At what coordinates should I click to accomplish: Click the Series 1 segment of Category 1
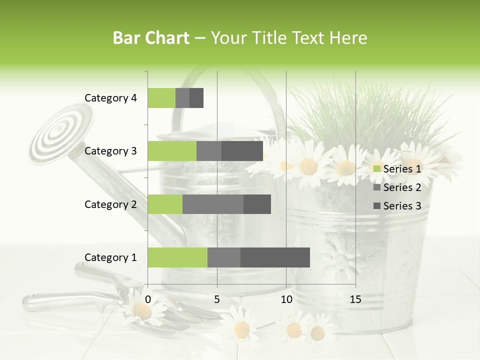point(177,257)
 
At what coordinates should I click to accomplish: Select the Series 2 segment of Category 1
point(224,257)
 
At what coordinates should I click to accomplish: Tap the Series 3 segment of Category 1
point(275,257)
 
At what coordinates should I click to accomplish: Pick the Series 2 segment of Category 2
point(213,204)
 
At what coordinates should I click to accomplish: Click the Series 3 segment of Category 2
point(257,204)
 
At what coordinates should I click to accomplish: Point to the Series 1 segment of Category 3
point(172,151)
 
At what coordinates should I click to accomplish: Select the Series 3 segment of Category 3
point(242,151)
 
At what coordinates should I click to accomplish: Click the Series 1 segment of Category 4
point(161,98)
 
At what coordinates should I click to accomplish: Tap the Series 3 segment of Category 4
point(196,98)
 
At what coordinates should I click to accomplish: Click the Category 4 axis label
point(110,98)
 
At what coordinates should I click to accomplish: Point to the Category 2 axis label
point(110,204)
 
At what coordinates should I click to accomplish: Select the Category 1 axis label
point(110,257)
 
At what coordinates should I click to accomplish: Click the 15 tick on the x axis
point(355,299)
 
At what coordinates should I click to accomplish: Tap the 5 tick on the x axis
point(217,299)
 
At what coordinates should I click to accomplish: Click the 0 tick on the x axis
point(148,299)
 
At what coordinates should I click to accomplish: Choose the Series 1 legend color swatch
point(376,169)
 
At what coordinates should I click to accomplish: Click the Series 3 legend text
point(402,206)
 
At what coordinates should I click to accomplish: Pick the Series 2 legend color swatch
point(376,187)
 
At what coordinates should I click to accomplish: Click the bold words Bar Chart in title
point(151,38)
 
